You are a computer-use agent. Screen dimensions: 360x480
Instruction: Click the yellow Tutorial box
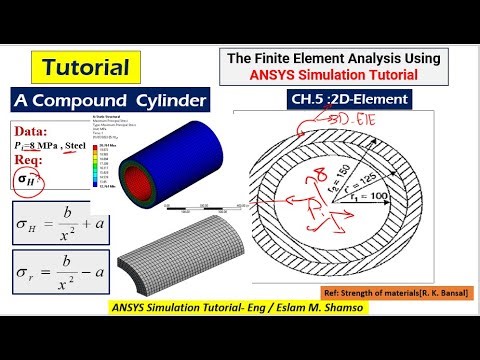85,68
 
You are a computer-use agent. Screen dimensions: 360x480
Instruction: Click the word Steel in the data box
93,147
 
